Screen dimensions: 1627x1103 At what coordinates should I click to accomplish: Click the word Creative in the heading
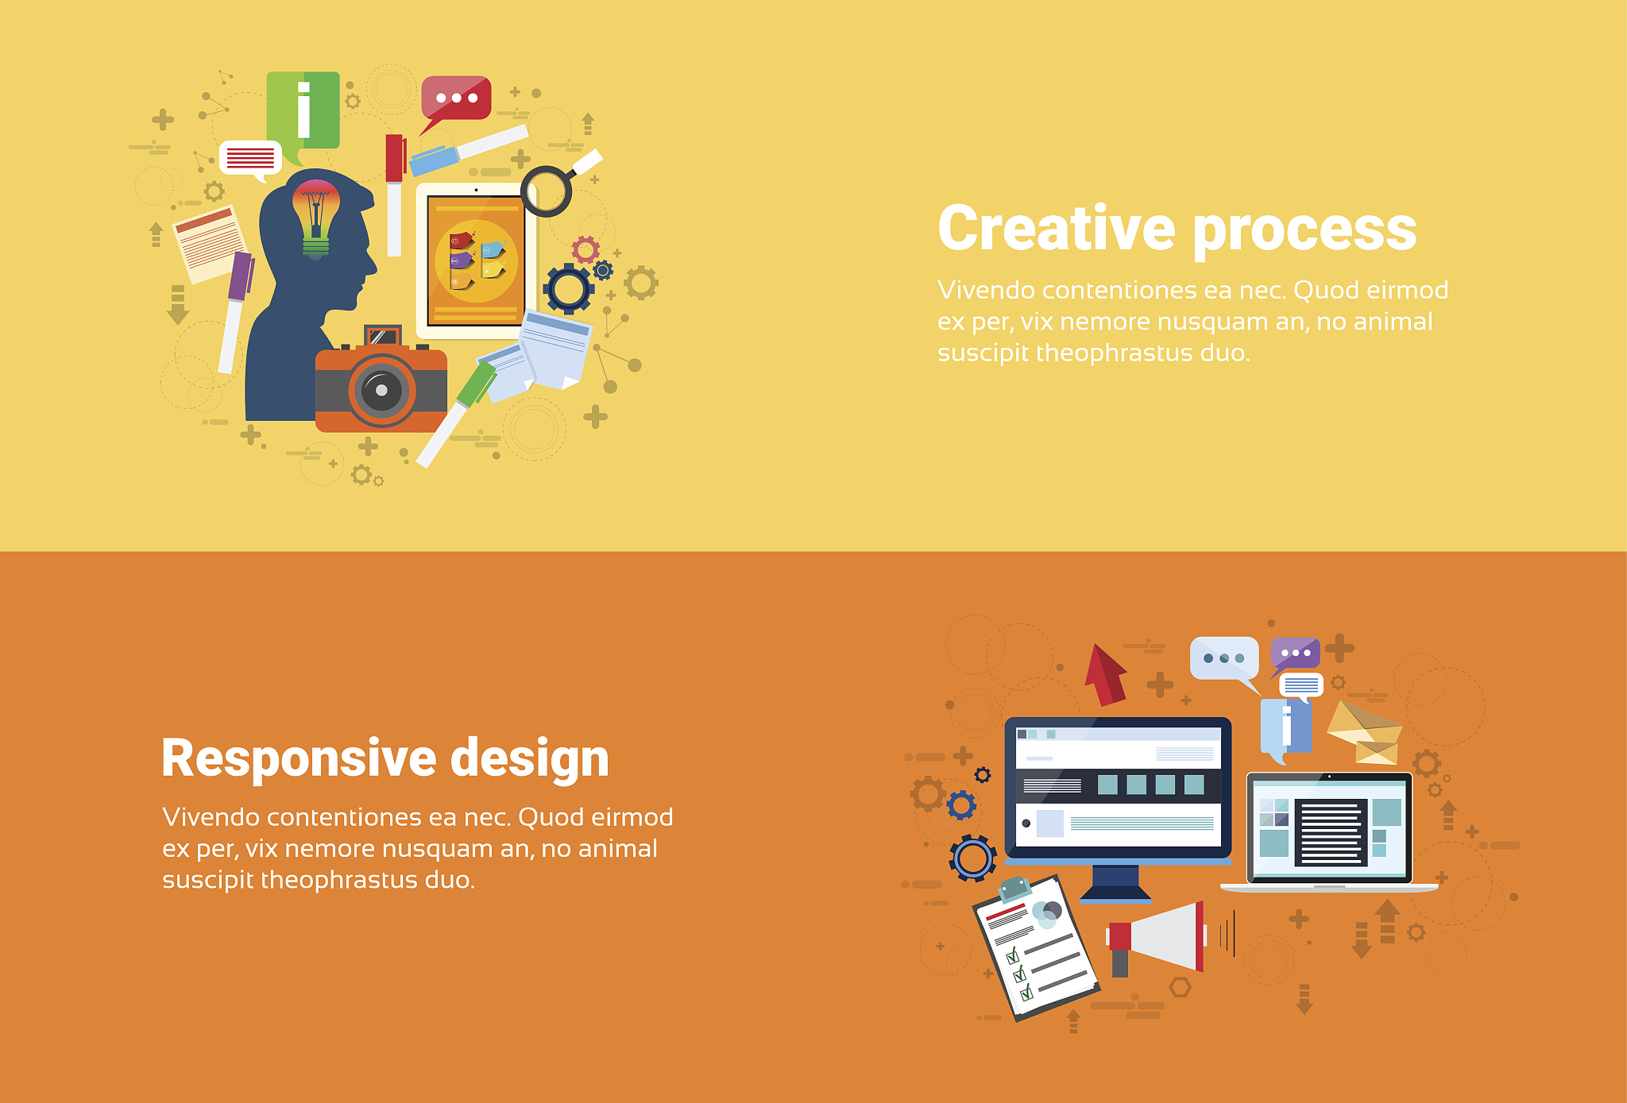1057,228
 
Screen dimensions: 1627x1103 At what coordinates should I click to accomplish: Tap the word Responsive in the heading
299,758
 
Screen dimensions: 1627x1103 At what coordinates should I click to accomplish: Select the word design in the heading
530,758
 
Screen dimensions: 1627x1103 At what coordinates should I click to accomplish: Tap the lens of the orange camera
381,390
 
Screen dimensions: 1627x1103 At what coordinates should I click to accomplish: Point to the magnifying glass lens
547,191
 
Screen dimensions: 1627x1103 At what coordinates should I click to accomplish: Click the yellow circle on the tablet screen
476,261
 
